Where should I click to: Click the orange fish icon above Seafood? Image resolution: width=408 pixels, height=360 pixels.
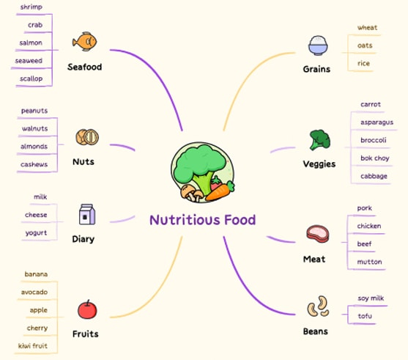tap(84, 41)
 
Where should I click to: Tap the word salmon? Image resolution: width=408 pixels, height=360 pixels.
tap(31, 43)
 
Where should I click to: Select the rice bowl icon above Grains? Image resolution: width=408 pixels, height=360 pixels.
tap(318, 45)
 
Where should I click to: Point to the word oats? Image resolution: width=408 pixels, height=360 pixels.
tap(365, 45)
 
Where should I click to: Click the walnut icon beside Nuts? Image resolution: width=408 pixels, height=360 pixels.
tap(87, 137)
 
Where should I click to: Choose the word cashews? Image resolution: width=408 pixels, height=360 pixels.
tap(34, 164)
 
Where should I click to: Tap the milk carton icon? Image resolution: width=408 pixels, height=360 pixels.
tap(87, 214)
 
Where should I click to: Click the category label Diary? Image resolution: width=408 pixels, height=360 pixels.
tap(84, 239)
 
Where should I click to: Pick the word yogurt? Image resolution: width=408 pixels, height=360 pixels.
tap(36, 233)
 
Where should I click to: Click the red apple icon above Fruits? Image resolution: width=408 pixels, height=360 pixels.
tap(87, 309)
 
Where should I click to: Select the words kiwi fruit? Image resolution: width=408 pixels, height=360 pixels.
tap(33, 346)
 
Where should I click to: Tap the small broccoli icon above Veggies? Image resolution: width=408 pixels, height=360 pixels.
tap(320, 140)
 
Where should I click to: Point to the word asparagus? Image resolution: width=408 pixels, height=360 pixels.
tap(377, 122)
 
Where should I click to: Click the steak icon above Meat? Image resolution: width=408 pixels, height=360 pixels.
tap(318, 234)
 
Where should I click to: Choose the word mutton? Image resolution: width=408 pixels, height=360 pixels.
tap(369, 262)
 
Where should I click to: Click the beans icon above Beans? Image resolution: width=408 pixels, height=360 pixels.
tap(318, 306)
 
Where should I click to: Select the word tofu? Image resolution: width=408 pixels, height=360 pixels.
tap(365, 316)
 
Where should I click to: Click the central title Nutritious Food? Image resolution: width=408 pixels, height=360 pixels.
tap(202, 220)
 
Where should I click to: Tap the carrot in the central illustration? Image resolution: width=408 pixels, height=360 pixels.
tap(220, 191)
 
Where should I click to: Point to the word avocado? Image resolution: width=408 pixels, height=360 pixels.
tap(34, 293)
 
